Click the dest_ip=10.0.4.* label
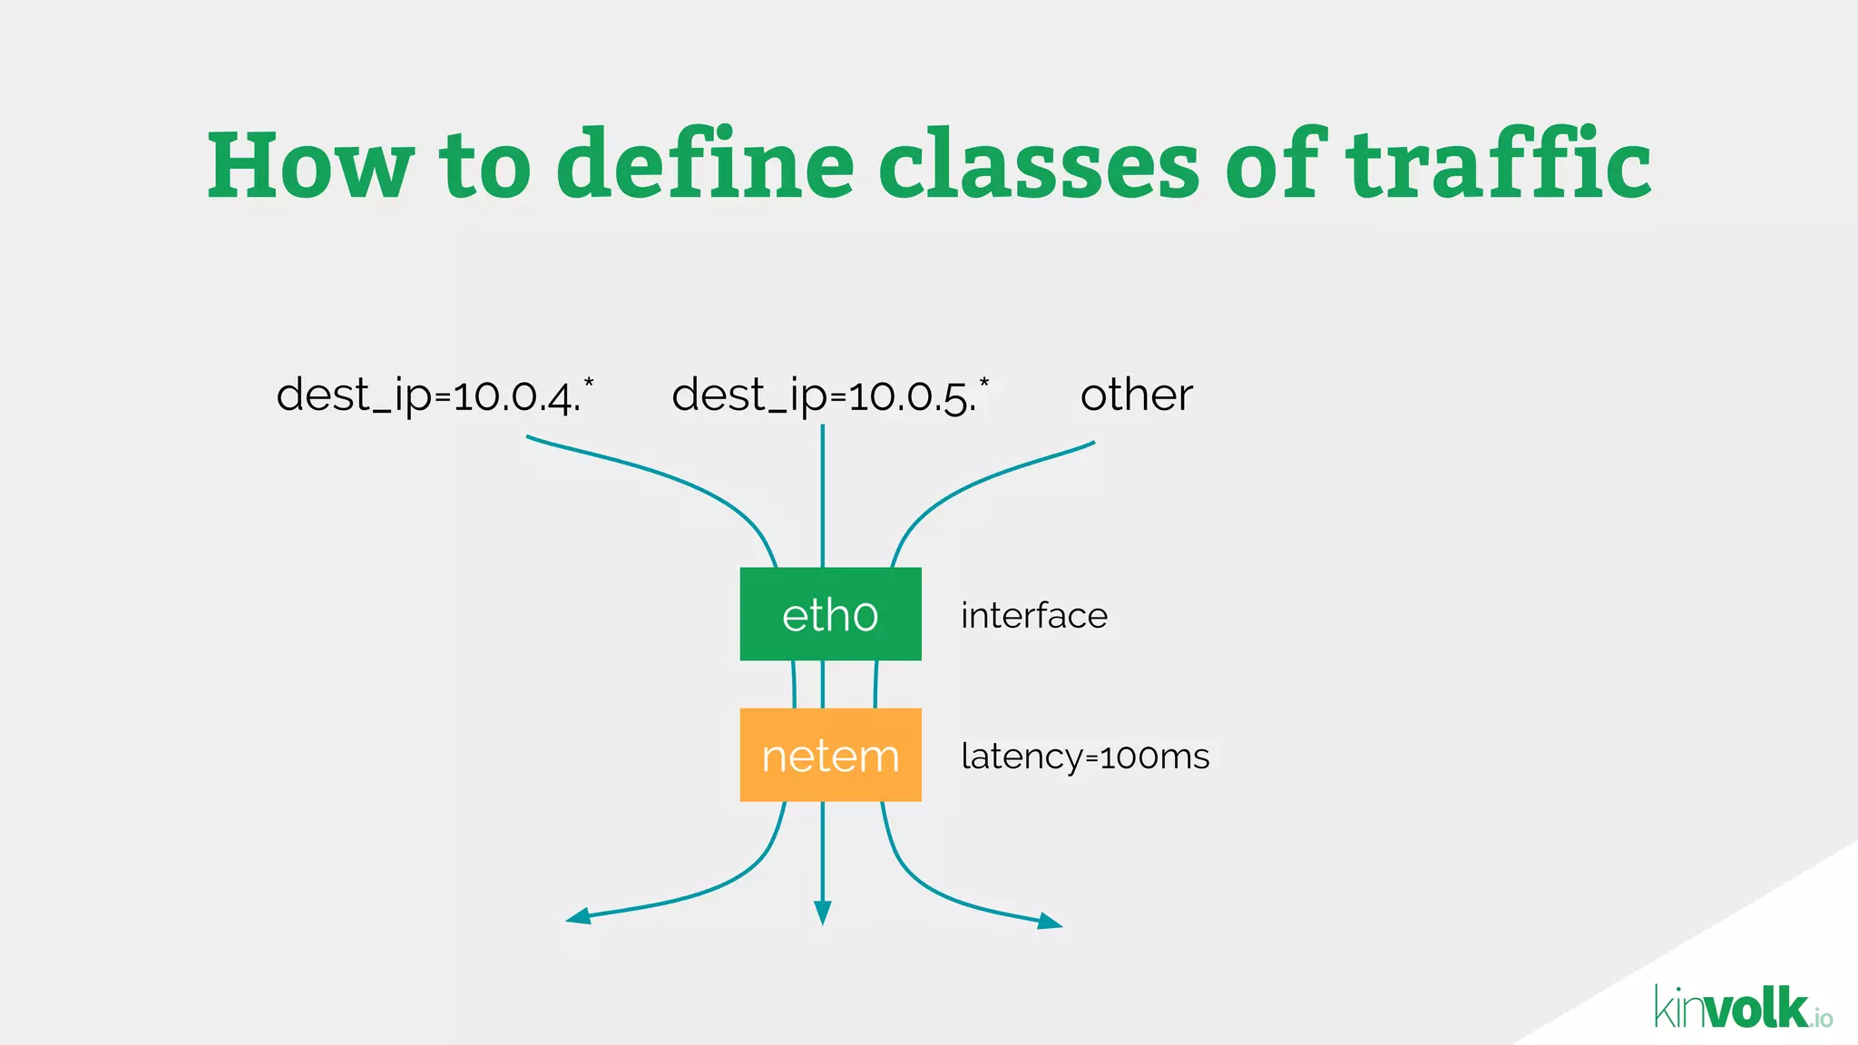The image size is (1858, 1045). point(435,396)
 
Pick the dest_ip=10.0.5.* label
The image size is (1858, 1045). point(830,396)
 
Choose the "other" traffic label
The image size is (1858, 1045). point(1136,396)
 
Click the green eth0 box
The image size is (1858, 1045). point(830,614)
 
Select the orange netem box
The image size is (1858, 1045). point(830,755)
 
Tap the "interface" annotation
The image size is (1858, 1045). point(1034,616)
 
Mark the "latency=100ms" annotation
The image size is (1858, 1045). point(1085,757)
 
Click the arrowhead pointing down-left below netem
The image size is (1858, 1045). point(578,917)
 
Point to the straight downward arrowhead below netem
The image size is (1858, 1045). point(823,913)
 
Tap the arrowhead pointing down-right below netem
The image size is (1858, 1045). point(1050,922)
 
